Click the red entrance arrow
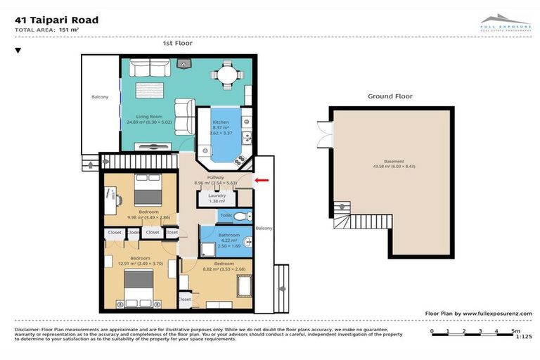(261, 180)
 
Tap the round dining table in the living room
(226, 73)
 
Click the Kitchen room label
(220, 122)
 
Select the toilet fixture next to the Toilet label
(240, 216)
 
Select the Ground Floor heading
(390, 96)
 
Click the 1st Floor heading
(177, 44)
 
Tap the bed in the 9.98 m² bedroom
(148, 188)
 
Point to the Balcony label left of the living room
(101, 97)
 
